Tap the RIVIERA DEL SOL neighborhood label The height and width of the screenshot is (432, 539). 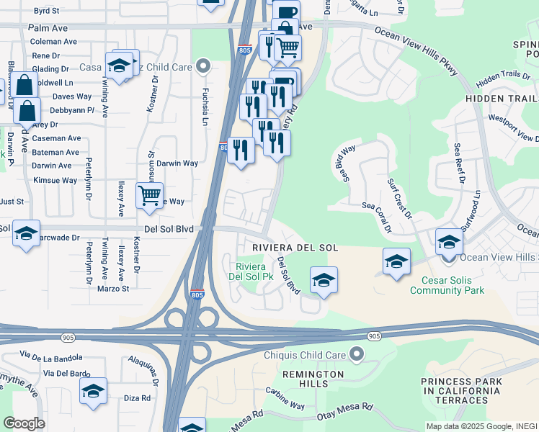click(295, 248)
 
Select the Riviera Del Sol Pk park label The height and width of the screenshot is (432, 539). click(251, 270)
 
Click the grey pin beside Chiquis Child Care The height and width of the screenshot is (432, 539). click(355, 353)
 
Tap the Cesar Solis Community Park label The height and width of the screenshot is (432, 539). click(447, 285)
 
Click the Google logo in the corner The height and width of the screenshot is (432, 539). click(24, 423)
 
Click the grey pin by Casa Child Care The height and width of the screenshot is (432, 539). click(204, 66)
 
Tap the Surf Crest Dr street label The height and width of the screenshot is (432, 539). click(399, 199)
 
